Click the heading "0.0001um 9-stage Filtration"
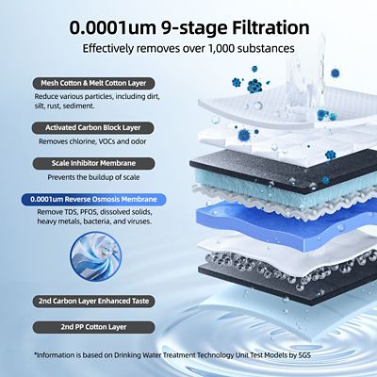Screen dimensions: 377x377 click(188, 26)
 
